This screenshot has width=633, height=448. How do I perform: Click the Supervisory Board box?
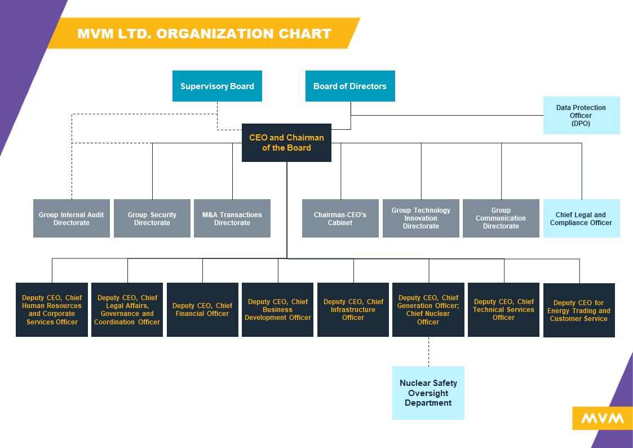[x=217, y=86]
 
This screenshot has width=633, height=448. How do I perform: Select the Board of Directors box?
[x=350, y=86]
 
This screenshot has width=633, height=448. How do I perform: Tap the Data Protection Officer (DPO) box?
[x=581, y=115]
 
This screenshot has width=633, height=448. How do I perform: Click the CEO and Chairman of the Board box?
[x=286, y=143]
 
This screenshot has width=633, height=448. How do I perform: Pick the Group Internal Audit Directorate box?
[x=72, y=218]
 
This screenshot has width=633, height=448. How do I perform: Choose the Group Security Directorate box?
[x=152, y=218]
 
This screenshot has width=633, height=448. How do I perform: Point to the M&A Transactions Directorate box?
[x=232, y=218]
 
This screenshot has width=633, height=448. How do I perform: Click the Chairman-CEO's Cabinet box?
[x=340, y=218]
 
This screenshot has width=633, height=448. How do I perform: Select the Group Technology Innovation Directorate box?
[x=421, y=218]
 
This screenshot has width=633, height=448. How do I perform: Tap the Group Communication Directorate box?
[x=501, y=218]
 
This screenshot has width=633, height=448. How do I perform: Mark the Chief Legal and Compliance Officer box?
[x=581, y=218]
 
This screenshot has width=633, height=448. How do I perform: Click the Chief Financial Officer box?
[x=202, y=310]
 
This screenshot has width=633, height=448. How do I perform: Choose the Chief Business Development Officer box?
[x=278, y=310]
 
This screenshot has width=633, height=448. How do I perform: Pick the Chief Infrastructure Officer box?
[x=353, y=310]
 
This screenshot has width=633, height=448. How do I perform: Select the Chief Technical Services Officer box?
[x=504, y=310]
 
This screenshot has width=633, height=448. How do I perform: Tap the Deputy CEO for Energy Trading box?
[x=579, y=310]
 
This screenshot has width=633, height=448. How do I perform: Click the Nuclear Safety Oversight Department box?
[x=428, y=393]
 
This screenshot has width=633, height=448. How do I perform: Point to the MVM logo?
[x=603, y=418]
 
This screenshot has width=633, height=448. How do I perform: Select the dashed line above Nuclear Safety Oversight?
[x=428, y=352]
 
